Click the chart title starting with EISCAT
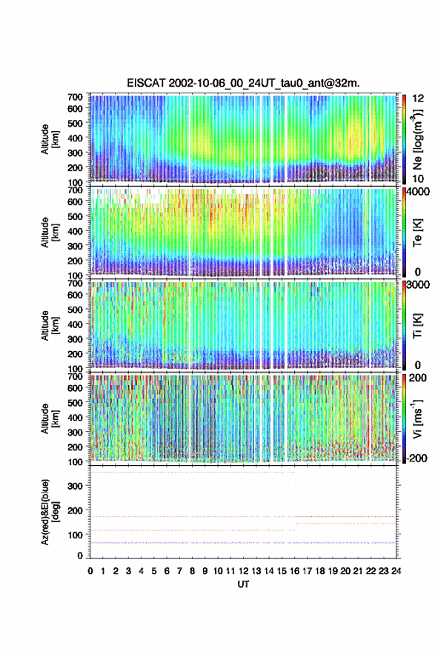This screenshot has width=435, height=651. tap(243, 83)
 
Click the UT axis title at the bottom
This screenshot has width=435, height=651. tap(244, 584)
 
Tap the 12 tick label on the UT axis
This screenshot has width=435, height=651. tap(244, 571)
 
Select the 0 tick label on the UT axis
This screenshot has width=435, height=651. tap(90, 571)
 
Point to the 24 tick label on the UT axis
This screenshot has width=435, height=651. tap(396, 571)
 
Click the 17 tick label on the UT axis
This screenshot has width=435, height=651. tap(307, 571)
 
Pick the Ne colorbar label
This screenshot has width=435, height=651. tap(417, 138)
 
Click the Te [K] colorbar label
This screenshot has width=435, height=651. tap(417, 233)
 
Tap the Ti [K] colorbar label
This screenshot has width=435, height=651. tap(417, 326)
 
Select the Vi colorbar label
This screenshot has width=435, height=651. tap(417, 418)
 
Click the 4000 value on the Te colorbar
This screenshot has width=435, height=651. tap(419, 192)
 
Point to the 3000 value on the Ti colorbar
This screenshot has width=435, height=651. tap(419, 285)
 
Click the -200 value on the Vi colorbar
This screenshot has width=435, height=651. tap(416, 458)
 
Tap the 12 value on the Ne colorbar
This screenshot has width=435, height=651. tap(418, 99)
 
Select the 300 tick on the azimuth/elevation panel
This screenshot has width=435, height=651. tap(76, 486)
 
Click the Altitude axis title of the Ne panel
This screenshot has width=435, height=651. tap(50, 139)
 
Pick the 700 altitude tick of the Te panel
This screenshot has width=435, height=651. tap(75, 190)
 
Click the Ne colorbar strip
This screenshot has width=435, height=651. tap(404, 139)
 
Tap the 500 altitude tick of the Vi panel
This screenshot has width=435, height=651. tap(75, 402)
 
